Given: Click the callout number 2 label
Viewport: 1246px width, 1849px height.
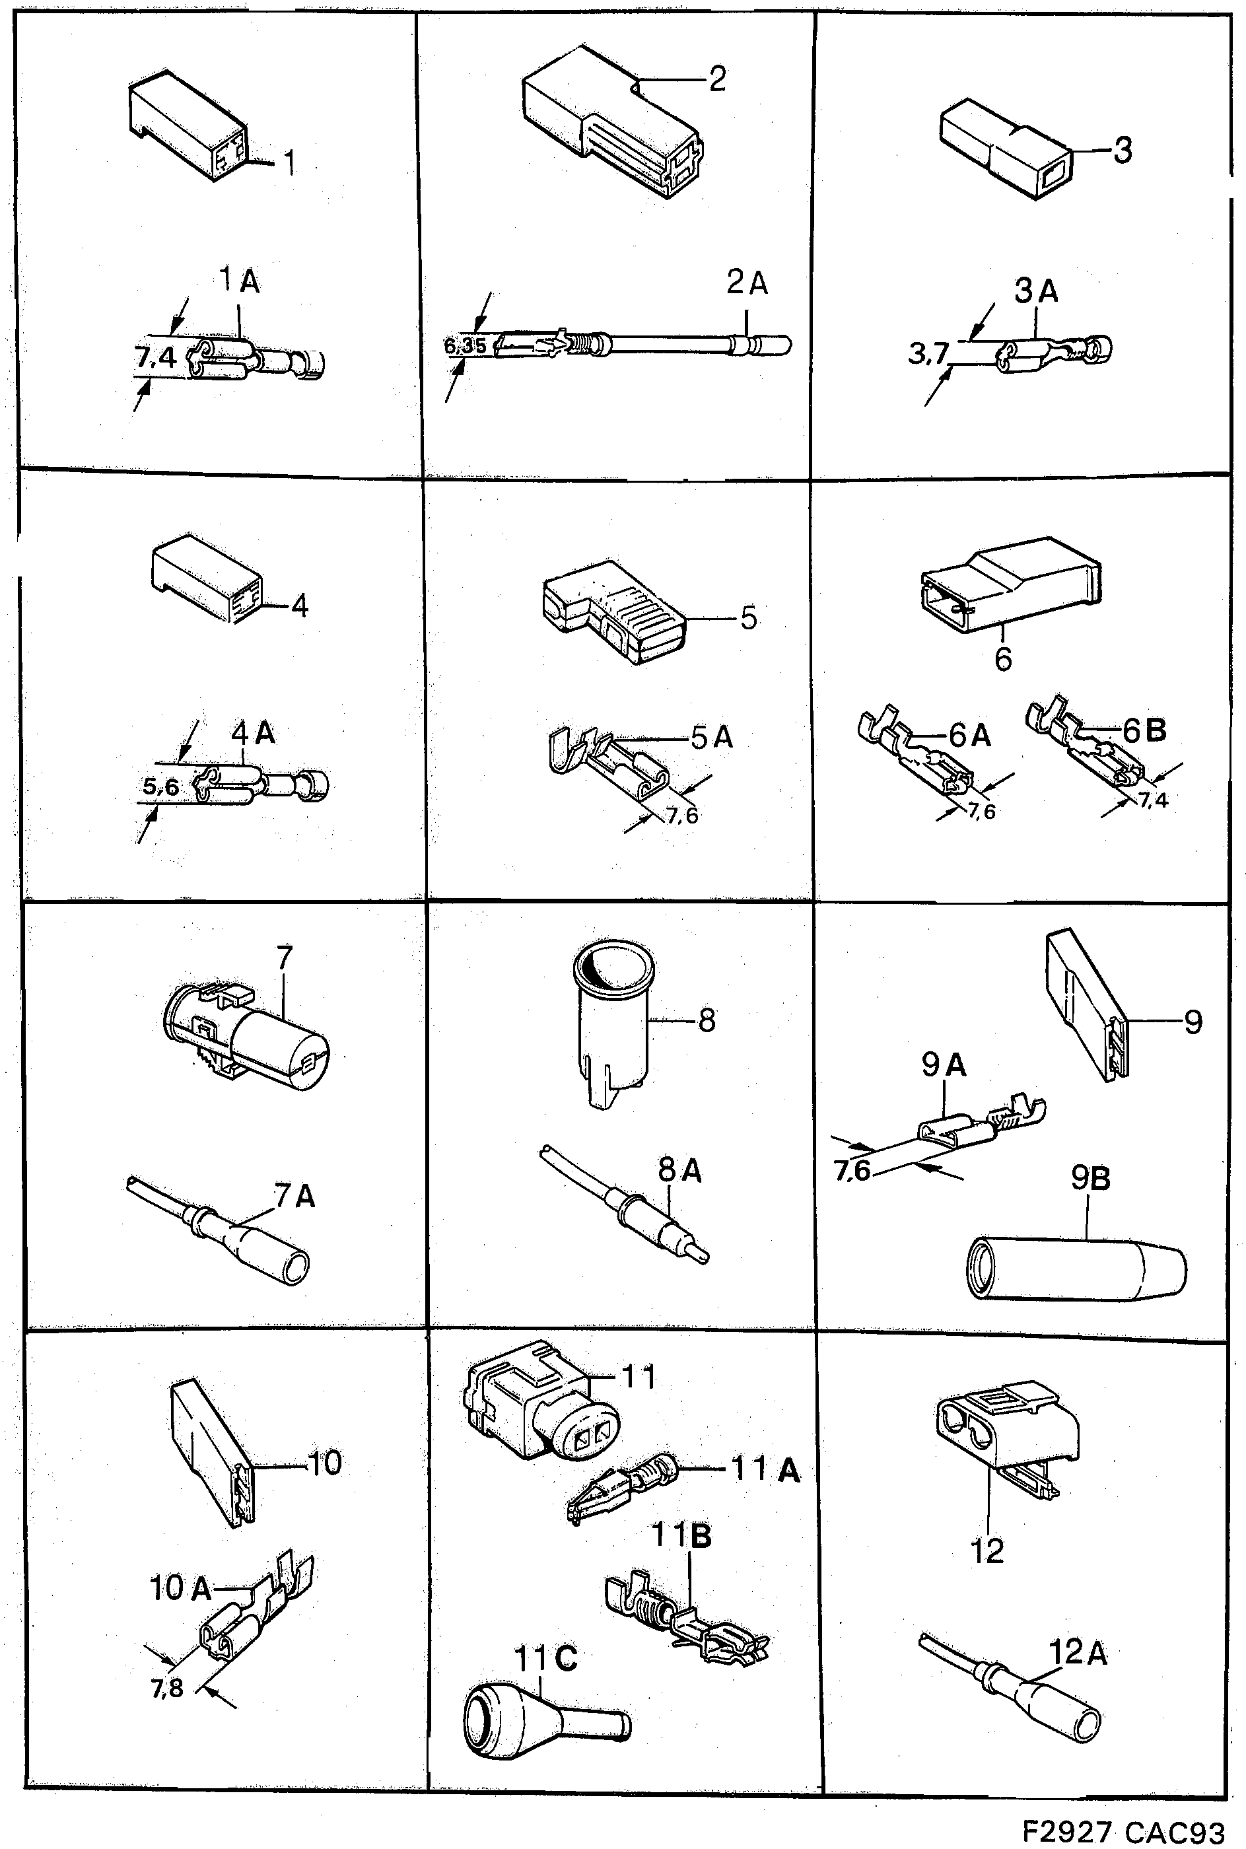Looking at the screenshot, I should [x=717, y=79].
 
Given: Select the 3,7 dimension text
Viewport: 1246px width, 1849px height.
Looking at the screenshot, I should [x=928, y=353].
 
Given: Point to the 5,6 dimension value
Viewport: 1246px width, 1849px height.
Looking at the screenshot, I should [x=161, y=786].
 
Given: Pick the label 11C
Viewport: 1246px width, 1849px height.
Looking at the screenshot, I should [x=546, y=1658].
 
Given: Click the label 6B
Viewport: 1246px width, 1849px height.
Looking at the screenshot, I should [x=1144, y=730].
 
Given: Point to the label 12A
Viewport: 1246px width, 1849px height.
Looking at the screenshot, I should [x=1078, y=1653].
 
